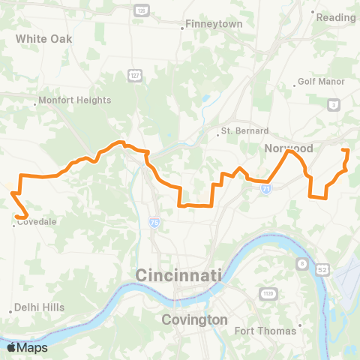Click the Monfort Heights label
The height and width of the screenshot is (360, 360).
pos(74,100)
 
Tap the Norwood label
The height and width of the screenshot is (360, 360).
pos(287,148)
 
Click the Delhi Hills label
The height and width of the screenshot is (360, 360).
pos(41,307)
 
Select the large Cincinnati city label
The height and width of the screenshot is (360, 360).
pos(178,276)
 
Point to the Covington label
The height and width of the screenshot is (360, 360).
pos(195,319)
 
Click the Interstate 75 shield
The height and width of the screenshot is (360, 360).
pos(154,222)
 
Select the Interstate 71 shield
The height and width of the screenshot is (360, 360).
pos(266,190)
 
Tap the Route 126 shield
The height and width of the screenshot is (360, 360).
pos(140,10)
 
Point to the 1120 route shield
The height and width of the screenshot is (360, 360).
pos(268,292)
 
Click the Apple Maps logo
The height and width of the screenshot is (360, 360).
pos(27,347)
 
